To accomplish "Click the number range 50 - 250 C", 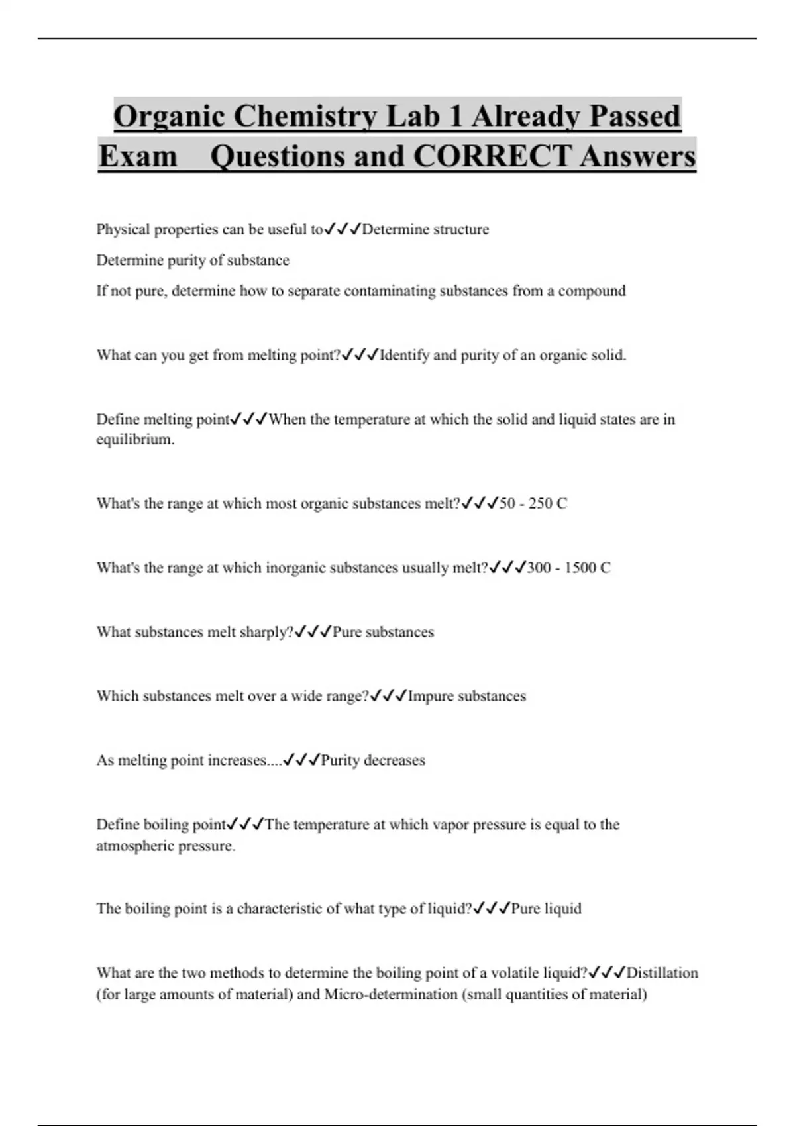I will click(x=533, y=504).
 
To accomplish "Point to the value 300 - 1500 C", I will click(x=568, y=568).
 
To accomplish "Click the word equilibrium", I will click(x=135, y=440).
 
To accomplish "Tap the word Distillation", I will click(x=662, y=973).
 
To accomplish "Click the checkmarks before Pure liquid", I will click(x=492, y=909).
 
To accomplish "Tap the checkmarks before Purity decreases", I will click(x=301, y=760).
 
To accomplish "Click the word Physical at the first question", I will click(x=123, y=230).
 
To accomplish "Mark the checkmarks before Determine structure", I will click(x=343, y=230).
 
